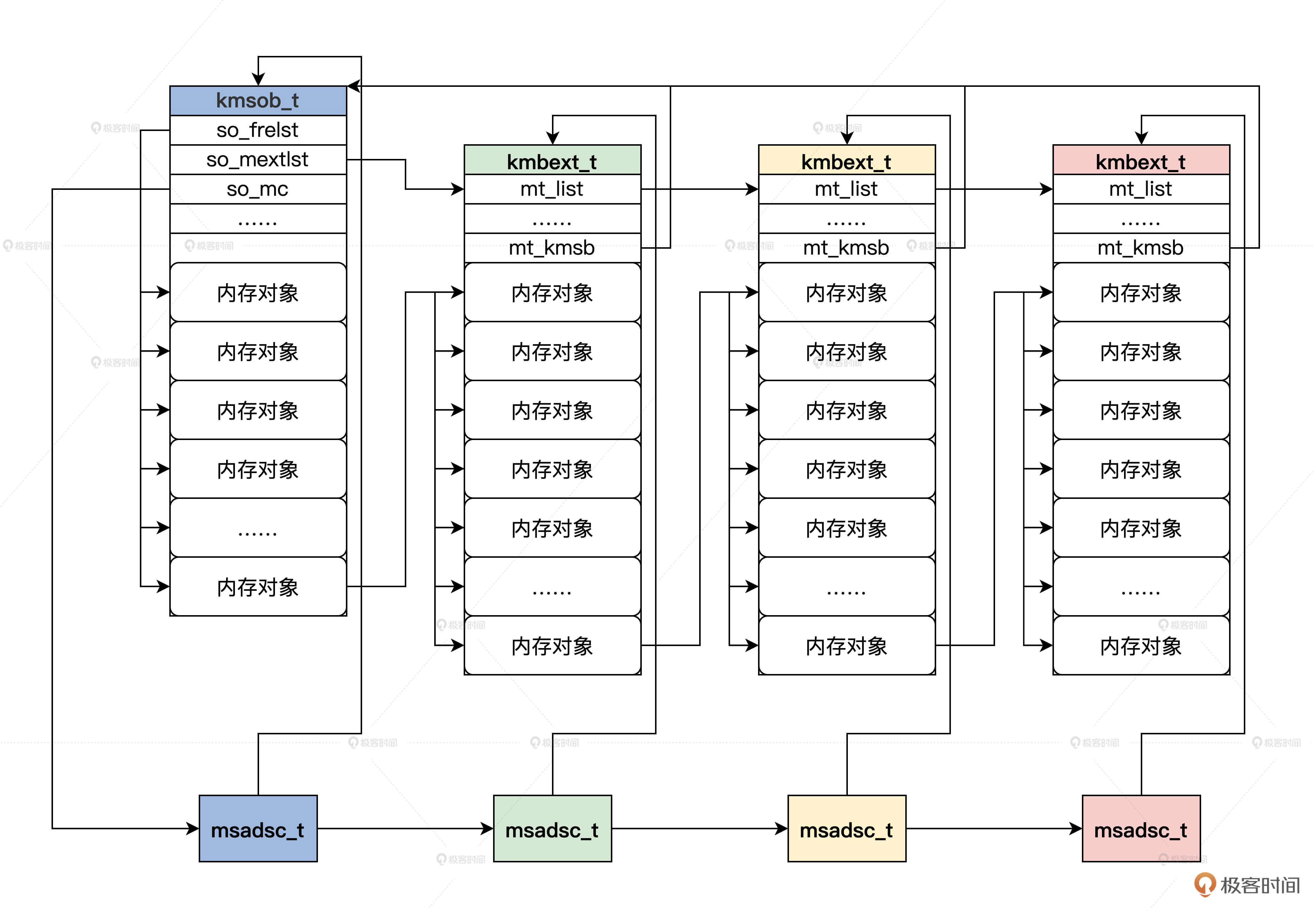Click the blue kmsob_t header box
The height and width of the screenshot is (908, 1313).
(258, 101)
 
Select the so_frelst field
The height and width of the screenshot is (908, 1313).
(258, 130)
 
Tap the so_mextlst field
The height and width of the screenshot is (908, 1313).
(258, 160)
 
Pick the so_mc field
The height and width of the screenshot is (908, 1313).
(258, 189)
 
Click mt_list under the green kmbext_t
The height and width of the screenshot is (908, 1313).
(552, 189)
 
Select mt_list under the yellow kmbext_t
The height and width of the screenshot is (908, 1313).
(846, 189)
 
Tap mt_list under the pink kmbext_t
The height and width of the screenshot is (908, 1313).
(1140, 189)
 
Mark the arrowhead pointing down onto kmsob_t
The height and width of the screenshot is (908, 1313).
(258, 80)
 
